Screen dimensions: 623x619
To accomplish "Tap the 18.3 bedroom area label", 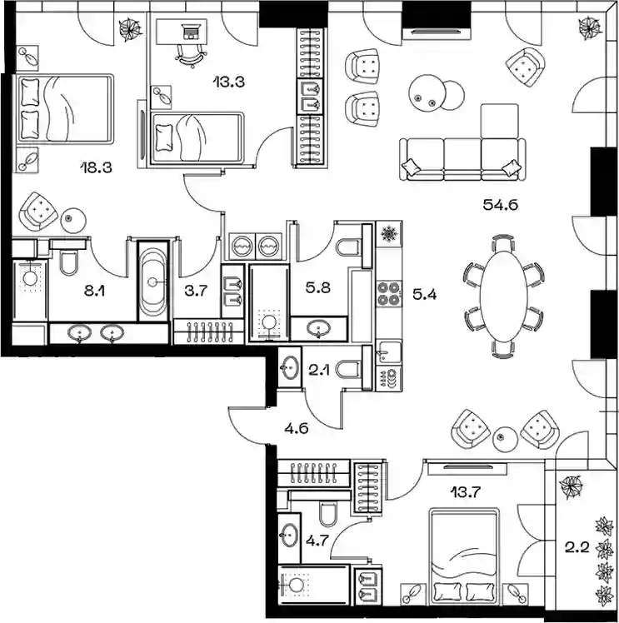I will [x=97, y=167].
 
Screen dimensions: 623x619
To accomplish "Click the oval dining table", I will [x=500, y=292].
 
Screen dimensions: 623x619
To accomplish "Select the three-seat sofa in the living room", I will [x=463, y=156].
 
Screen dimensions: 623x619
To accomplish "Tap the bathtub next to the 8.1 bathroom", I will [x=152, y=282].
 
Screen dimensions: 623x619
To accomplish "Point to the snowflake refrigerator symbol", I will [x=388, y=234].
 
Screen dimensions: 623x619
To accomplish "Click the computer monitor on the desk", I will [x=191, y=33].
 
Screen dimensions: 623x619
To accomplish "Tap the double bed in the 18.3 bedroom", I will [x=65, y=109].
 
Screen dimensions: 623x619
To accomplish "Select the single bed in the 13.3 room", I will [x=197, y=136].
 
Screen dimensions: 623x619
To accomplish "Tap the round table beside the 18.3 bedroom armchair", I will [x=74, y=220].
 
